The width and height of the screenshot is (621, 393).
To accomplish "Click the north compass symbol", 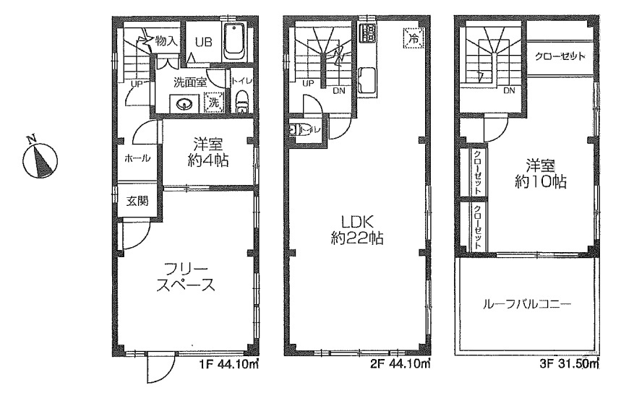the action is coord(40,160).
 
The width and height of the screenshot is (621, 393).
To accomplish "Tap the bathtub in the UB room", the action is coord(235,42).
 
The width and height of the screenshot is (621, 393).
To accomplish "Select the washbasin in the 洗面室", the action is coord(184,105).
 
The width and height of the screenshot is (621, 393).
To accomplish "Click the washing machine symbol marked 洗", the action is coord(214,103).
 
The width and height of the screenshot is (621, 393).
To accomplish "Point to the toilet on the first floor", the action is coord(241,103).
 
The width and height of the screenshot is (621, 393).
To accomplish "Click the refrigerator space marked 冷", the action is coord(414,38).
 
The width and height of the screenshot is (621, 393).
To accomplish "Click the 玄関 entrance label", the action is coord(137,201).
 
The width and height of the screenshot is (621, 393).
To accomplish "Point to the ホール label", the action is coord(137,159).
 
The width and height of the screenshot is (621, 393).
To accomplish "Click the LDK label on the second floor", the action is coord(355,222).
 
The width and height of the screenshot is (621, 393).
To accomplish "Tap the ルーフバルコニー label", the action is coord(527,304).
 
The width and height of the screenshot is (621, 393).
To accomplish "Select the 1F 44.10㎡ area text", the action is coord(228,363).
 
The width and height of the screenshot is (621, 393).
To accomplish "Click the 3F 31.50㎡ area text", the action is coord(569,363).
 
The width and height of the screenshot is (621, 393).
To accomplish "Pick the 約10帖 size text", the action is coord(540,181).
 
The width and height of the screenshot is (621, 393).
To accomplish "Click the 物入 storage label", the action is coord(166,40).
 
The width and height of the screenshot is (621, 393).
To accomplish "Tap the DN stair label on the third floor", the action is coord(509,90).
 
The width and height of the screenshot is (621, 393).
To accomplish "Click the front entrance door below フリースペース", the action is coord(160,368).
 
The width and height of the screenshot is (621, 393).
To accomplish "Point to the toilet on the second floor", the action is coord(296,130).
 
